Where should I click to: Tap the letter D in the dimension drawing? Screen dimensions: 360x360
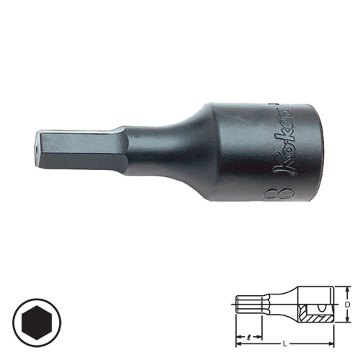pyautogui.click(x=347, y=305)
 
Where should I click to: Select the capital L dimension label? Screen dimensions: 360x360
pyautogui.click(x=285, y=344)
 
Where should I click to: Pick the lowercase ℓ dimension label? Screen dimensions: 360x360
pyautogui.click(x=249, y=337)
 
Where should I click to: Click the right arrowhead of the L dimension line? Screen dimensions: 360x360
pyautogui.click(x=332, y=344)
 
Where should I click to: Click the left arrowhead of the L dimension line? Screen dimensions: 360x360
pyautogui.click(x=238, y=344)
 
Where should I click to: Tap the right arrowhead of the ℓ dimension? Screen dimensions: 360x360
pyautogui.click(x=260, y=338)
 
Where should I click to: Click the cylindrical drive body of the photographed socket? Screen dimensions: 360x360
pyautogui.click(x=252, y=151)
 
